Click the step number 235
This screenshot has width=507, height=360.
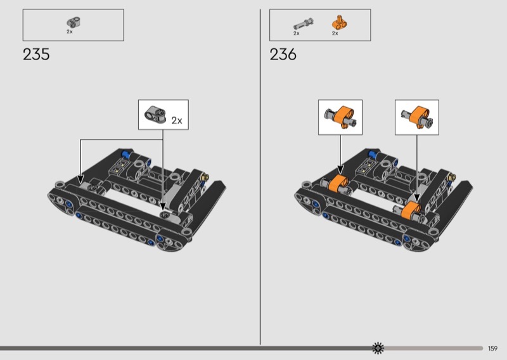coord(36,55)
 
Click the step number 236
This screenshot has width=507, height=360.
coord(283,55)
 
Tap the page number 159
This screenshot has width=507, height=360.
coord(493,348)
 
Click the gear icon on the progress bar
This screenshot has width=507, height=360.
coord(378,347)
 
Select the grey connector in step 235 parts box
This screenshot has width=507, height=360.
coord(71,22)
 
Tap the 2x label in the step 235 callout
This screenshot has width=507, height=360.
coord(177,120)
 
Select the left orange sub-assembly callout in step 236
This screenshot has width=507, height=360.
coord(340,117)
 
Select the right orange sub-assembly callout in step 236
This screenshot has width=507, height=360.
coord(416,117)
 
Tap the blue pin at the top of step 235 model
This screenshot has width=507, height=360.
coord(126,154)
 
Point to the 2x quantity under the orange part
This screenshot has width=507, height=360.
coord(335,33)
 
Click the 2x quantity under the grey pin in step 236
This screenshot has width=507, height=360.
coord(296,33)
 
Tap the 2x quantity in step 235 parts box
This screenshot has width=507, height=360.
coord(70,31)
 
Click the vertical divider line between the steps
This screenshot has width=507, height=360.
coord(260,177)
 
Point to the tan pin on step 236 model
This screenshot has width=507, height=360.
coord(450,174)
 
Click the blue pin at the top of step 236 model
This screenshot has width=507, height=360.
coord(373,154)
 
